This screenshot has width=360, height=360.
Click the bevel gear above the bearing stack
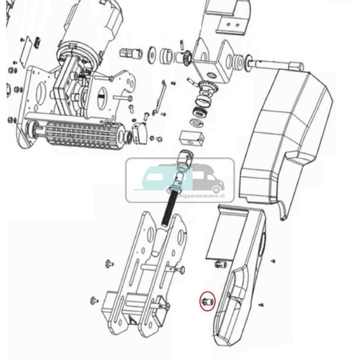pyautogui.click(x=206, y=90)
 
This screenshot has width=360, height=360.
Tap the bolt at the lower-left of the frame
pyautogui.click(x=94, y=301)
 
